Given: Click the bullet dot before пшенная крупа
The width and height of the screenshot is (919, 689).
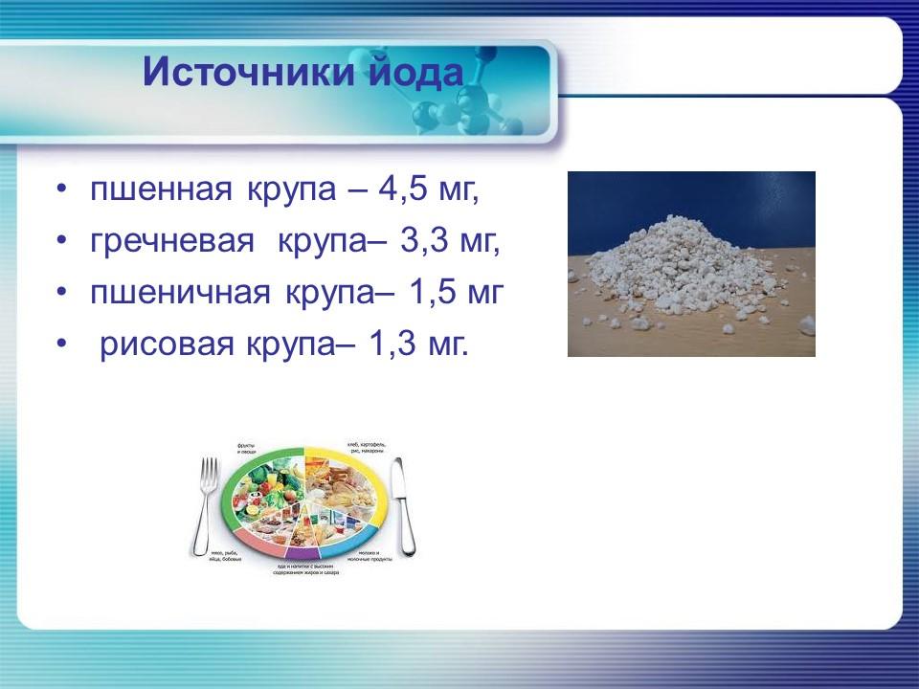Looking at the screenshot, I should tap(62, 190).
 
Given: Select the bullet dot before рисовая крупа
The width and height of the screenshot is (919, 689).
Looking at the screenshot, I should tap(62, 343).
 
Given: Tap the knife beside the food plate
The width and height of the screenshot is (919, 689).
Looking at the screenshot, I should tap(404, 507).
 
